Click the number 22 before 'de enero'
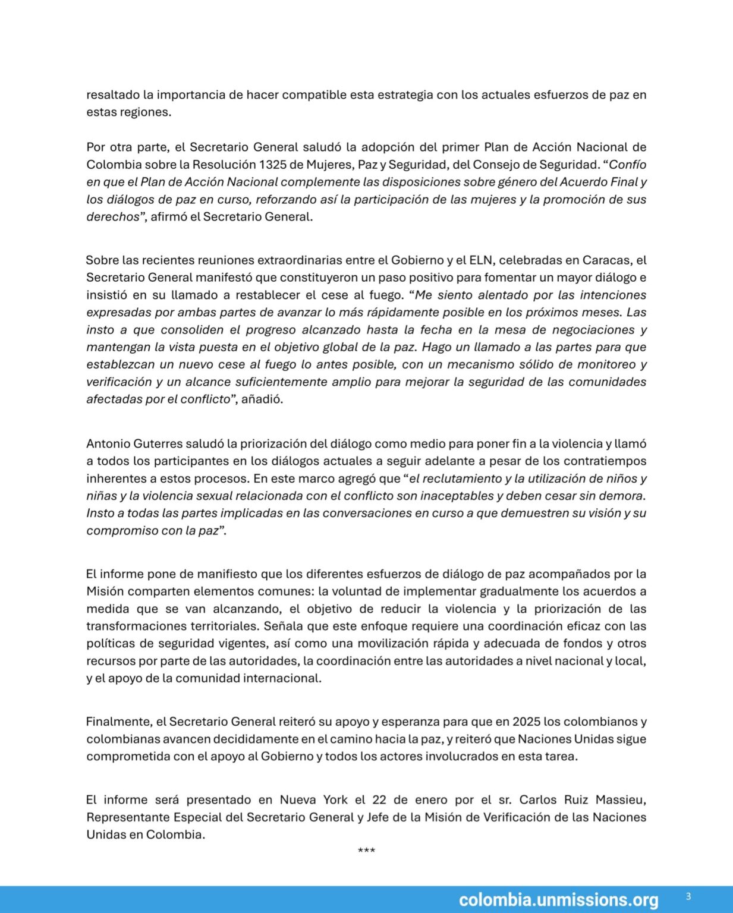379,800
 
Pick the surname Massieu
621,800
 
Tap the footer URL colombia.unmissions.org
558,900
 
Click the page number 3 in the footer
688,896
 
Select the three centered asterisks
366,851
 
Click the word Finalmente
118,722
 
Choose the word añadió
262,399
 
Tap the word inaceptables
457,496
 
